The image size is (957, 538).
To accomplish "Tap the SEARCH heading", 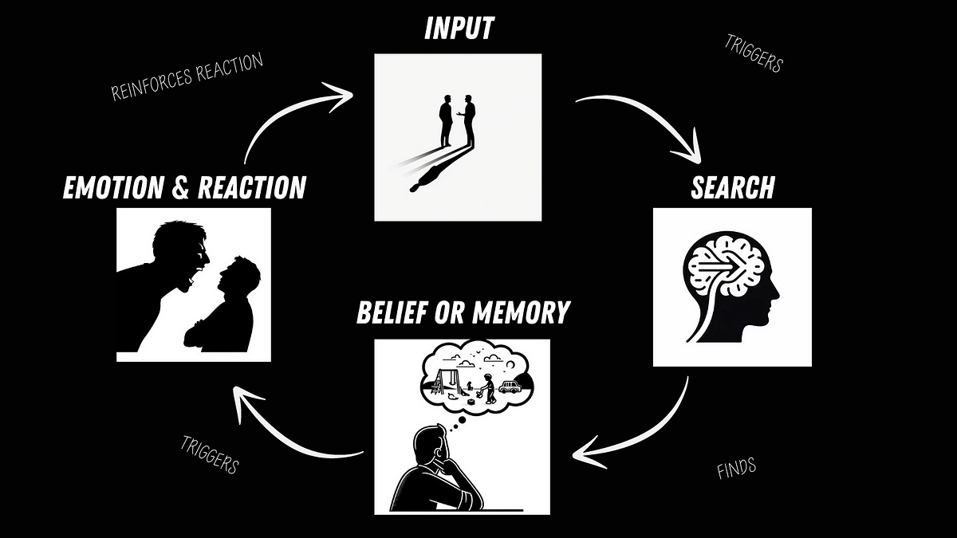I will coord(732,187).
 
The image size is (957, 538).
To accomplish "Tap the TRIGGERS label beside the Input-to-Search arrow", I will coord(754,54).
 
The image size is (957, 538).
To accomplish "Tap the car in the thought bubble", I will coord(507,388).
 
